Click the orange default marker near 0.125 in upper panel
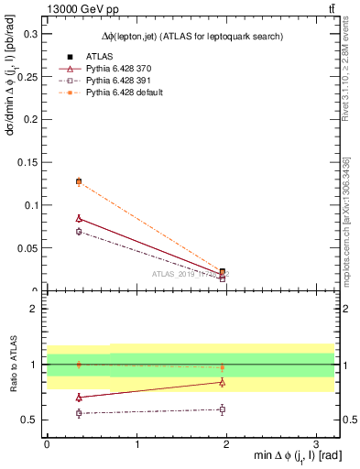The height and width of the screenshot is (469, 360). [79, 181]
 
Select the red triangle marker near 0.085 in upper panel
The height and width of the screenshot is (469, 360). [79, 218]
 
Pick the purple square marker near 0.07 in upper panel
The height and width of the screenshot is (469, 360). [79, 232]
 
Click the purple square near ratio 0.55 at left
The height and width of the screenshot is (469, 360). [79, 413]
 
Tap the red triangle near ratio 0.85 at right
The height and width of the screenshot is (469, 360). [222, 382]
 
